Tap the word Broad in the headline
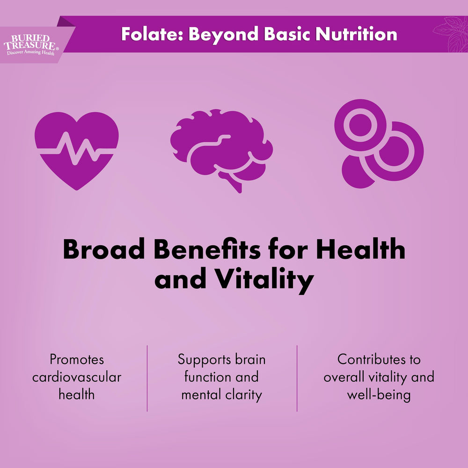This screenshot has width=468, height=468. click(x=104, y=249)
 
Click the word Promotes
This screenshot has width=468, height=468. click(x=77, y=359)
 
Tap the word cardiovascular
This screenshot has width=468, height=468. click(x=77, y=377)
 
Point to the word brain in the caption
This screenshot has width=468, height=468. click(x=250, y=359)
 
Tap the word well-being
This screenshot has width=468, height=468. click(x=379, y=394)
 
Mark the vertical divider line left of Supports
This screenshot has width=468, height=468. click(x=147, y=378)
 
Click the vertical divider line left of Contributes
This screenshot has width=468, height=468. click(x=297, y=378)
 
